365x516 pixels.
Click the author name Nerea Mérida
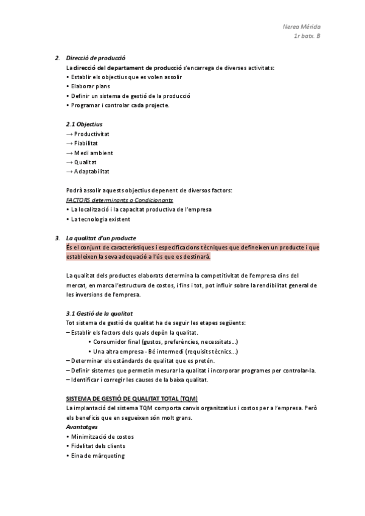pyautogui.click(x=302, y=27)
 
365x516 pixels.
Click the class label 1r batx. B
pyautogui.click(x=307, y=37)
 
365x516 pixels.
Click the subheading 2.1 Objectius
pyautogui.click(x=84, y=124)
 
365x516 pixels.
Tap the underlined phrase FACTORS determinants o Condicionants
pyautogui.click(x=119, y=200)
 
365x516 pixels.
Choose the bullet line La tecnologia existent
pyautogui.click(x=100, y=219)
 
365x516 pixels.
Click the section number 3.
pyautogui.click(x=57, y=238)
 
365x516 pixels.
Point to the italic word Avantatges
pyautogui.click(x=82, y=427)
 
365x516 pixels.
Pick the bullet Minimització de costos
pyautogui.click(x=102, y=437)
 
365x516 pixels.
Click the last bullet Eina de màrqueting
pyautogui.click(x=97, y=456)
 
